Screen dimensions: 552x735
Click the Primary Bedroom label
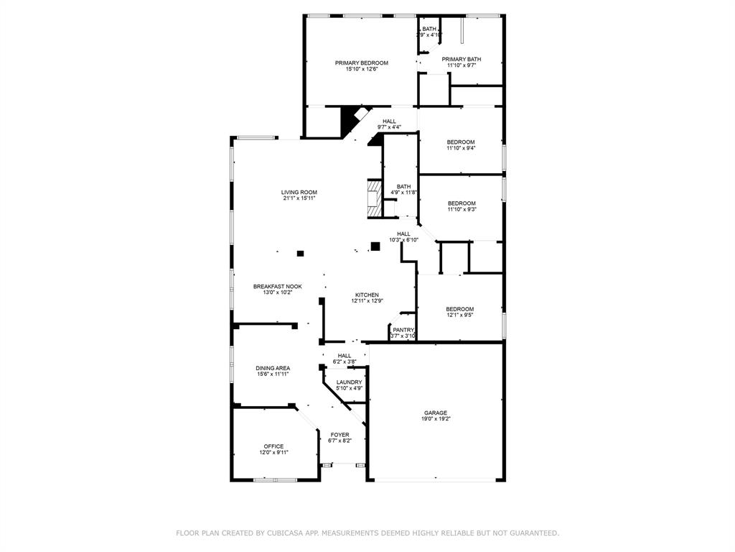click(361, 63)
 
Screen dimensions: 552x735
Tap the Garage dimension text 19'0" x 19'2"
click(436, 418)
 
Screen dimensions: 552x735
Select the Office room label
click(273, 446)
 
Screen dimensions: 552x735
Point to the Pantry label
click(403, 330)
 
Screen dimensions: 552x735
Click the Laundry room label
click(349, 382)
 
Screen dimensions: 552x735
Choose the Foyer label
click(340, 435)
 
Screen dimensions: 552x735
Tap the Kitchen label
click(367, 295)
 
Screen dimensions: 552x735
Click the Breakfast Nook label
click(277, 286)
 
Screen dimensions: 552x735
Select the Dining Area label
click(273, 368)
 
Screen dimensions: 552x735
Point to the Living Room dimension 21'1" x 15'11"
click(299, 198)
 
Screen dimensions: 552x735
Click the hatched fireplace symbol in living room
click(373, 198)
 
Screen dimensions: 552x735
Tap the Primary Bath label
click(462, 60)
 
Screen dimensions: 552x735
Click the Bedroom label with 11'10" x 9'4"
click(461, 142)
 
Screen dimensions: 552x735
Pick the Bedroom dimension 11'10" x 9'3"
click(462, 209)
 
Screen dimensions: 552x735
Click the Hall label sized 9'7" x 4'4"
click(389, 121)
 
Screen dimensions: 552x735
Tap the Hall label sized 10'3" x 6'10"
click(403, 234)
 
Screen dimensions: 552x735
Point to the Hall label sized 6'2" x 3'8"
click(345, 355)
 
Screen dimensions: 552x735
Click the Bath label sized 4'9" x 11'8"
click(403, 187)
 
